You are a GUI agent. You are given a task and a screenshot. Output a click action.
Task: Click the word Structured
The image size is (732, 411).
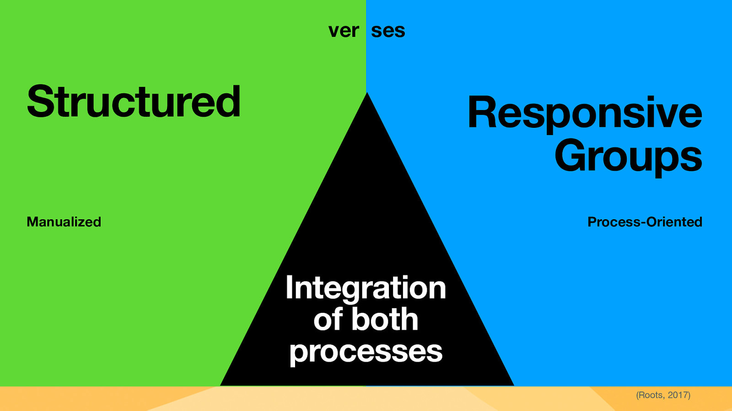click(x=134, y=102)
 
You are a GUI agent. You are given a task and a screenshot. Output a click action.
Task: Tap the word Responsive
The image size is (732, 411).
click(x=584, y=114)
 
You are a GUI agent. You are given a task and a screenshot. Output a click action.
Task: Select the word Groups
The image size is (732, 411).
click(x=628, y=157)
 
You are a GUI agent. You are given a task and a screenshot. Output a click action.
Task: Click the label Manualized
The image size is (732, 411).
click(x=64, y=222)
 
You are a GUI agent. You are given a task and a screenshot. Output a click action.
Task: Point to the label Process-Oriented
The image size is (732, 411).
click(x=645, y=222)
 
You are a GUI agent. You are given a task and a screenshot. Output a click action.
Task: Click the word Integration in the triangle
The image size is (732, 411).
click(x=366, y=288)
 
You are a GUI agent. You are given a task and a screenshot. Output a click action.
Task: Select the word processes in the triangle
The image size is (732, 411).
click(x=366, y=352)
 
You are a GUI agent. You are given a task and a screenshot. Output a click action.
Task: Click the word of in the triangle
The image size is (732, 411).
click(x=328, y=319)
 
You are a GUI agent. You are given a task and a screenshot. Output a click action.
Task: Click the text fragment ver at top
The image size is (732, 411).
click(x=344, y=31)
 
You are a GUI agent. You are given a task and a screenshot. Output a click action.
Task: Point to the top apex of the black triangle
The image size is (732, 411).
click(x=367, y=94)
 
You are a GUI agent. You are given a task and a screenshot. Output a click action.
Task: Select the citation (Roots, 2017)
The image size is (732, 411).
click(x=663, y=395)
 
